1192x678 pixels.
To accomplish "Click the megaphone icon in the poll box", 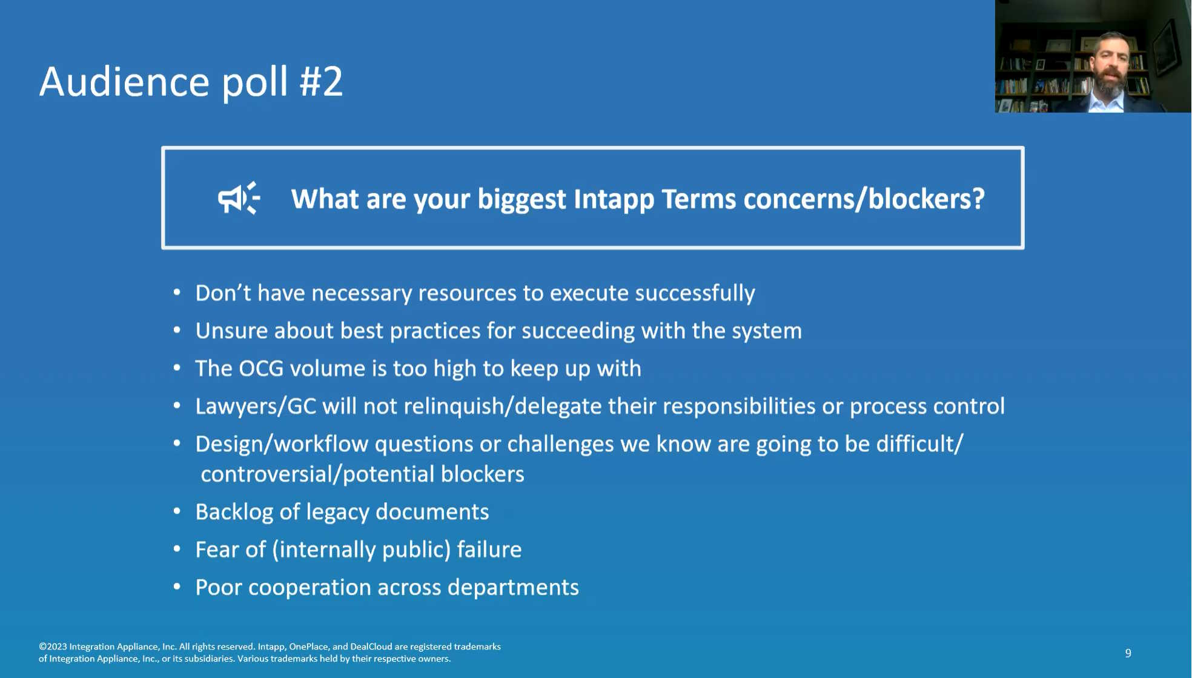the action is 239,198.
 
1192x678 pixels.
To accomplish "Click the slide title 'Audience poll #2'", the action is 191,81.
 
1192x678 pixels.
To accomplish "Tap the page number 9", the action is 1128,653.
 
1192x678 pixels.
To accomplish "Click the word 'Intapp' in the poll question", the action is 614,199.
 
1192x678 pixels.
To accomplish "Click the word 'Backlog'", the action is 234,513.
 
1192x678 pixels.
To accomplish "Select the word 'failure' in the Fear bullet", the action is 489,550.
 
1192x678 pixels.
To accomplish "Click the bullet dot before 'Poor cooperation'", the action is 177,587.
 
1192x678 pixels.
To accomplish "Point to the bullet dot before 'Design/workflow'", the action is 177,443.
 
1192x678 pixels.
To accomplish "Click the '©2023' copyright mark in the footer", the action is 53,646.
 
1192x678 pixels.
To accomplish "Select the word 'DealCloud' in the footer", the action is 371,646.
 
